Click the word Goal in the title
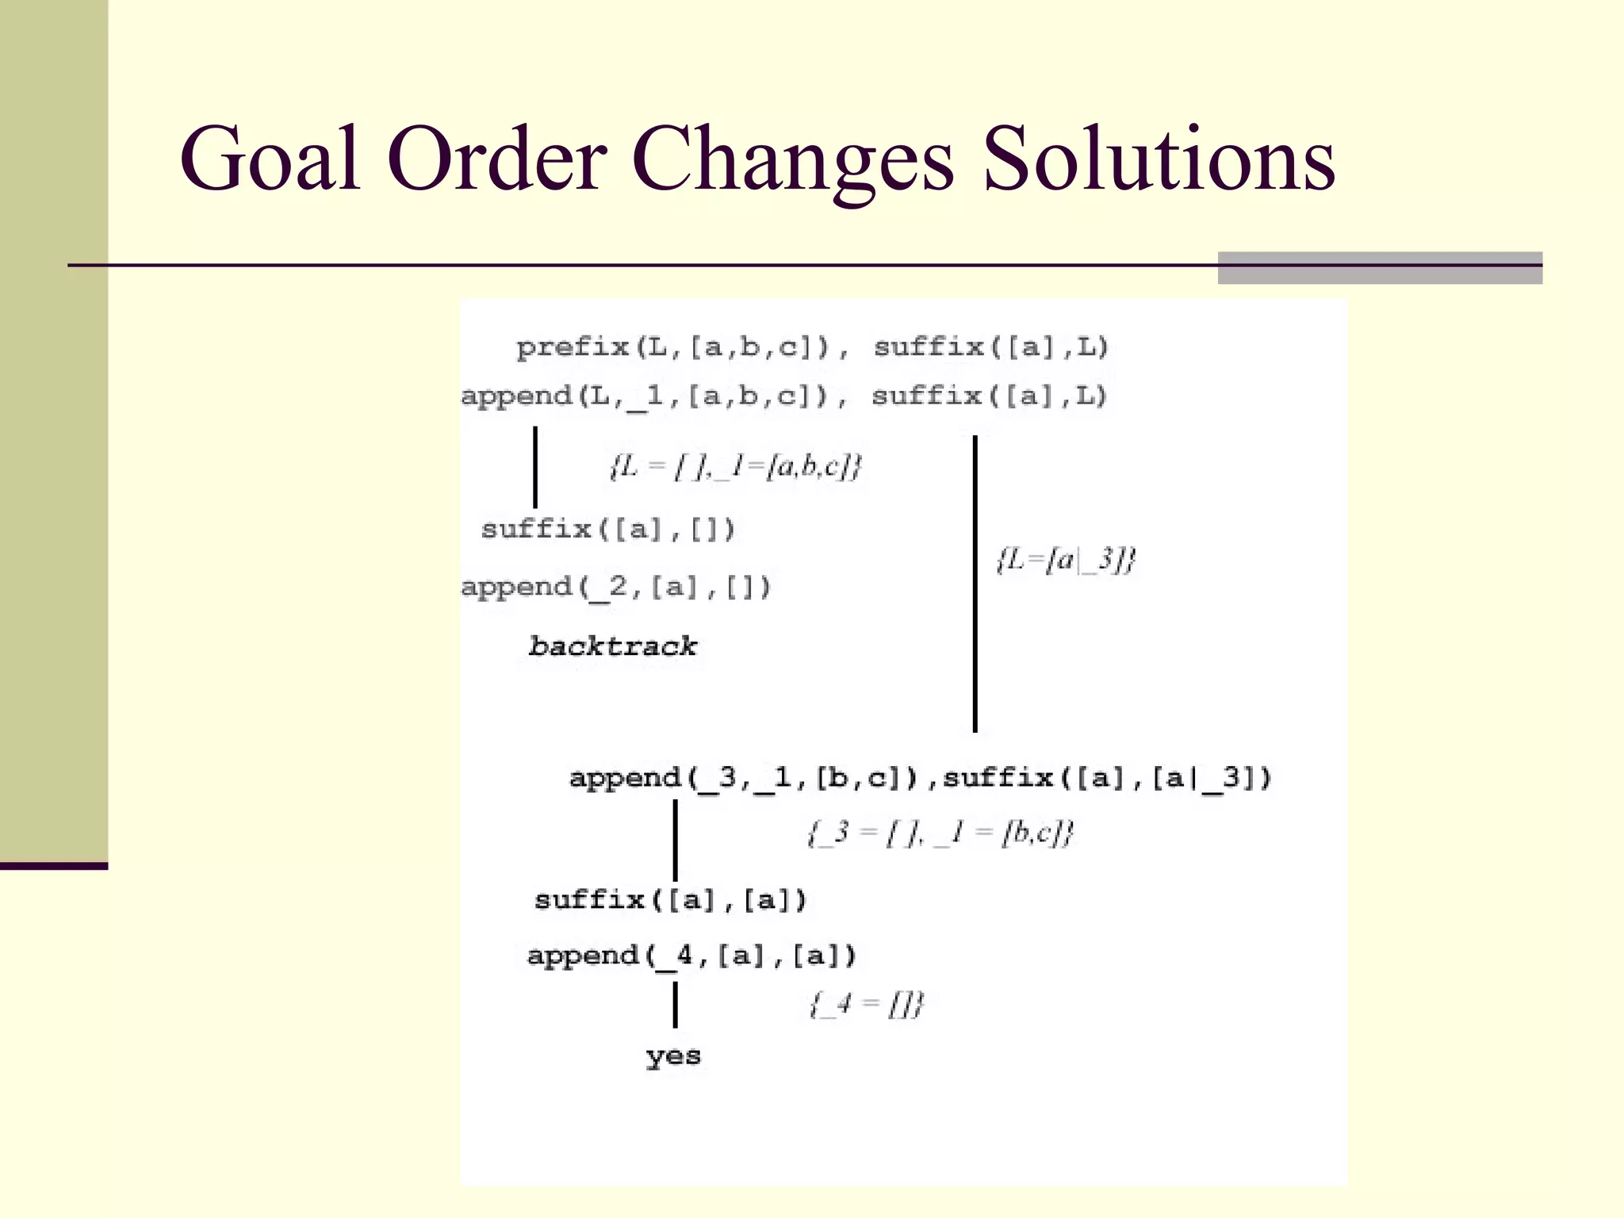270,160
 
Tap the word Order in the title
497,160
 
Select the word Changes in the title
792,160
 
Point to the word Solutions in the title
1159,160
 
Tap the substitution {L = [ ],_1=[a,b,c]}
735,466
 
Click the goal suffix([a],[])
608,529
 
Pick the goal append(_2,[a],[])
615,588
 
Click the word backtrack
612,646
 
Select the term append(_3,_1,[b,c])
743,778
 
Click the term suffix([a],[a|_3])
1107,778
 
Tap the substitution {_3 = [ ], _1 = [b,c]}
940,833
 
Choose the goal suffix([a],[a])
670,900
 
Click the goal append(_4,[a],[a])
691,956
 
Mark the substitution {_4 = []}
867,1005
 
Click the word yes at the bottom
673,1055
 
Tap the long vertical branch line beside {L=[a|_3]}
975,583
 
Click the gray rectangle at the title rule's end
1380,268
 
